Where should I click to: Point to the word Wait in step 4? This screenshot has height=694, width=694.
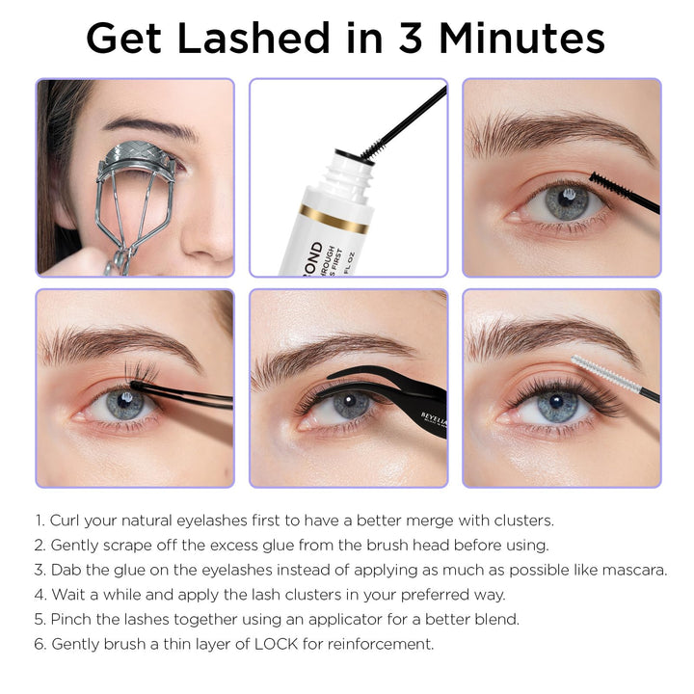(x=68, y=594)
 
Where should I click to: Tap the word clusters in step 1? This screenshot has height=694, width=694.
(x=520, y=520)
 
